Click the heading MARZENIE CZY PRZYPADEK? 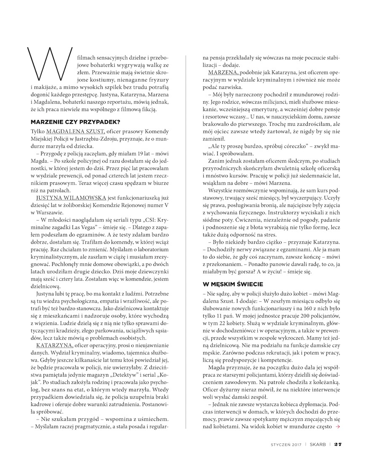(76, 122)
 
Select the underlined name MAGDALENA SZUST (75, 132)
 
